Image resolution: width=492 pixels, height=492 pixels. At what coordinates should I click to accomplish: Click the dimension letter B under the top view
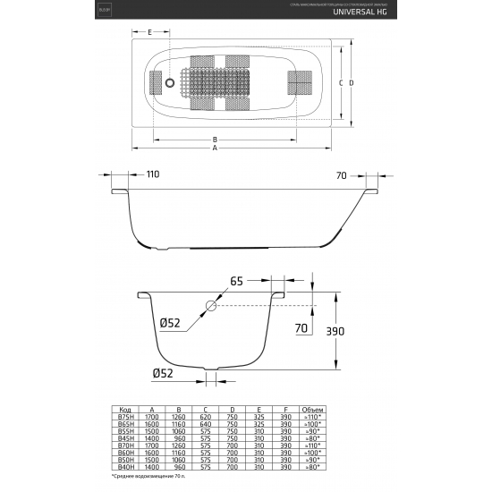[x=215, y=140]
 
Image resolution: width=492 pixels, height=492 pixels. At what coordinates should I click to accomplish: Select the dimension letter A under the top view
[x=215, y=148]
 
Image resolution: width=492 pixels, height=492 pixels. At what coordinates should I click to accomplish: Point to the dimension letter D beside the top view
[x=353, y=82]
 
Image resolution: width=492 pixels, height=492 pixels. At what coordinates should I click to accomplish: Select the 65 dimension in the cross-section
[x=236, y=282]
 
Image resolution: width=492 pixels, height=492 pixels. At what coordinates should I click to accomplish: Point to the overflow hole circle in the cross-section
[x=210, y=306]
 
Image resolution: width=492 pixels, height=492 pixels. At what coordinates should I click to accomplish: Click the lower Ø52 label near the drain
[x=163, y=373]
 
